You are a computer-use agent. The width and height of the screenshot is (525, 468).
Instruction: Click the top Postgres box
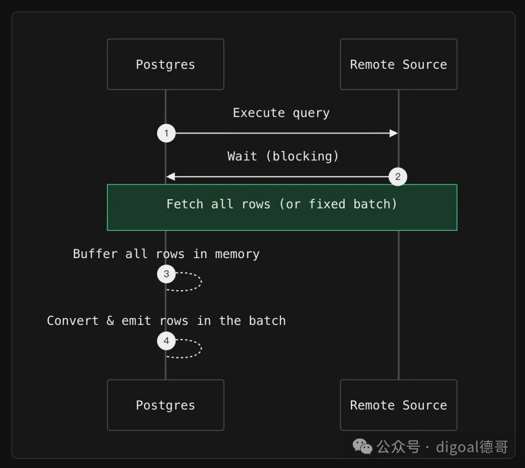pyautogui.click(x=165, y=64)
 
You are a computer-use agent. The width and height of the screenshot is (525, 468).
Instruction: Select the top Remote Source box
pyautogui.click(x=399, y=64)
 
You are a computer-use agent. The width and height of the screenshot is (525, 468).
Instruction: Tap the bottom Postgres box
pyautogui.click(x=165, y=405)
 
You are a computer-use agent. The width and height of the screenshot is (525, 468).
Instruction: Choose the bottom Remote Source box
pyautogui.click(x=399, y=405)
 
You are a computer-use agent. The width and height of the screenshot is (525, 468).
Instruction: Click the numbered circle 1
pyautogui.click(x=166, y=133)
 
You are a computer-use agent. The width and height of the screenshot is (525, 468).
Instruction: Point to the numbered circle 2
pyautogui.click(x=398, y=176)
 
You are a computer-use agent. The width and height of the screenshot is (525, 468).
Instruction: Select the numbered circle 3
pyautogui.click(x=166, y=274)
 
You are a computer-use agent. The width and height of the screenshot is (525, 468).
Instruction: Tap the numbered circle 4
pyautogui.click(x=166, y=341)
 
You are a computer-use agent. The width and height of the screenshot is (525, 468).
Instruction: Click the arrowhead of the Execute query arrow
pyautogui.click(x=394, y=133)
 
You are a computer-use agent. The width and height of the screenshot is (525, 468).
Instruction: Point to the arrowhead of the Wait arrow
pyautogui.click(x=171, y=176)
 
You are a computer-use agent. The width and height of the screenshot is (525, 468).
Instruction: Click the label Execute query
pyautogui.click(x=281, y=113)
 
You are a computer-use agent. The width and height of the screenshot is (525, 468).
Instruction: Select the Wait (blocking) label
pyautogui.click(x=283, y=156)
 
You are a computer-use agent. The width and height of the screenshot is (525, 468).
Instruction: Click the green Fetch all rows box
pyautogui.click(x=282, y=207)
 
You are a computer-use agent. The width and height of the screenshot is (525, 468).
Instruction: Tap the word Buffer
pyautogui.click(x=95, y=254)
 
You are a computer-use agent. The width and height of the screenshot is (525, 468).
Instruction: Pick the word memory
pyautogui.click(x=237, y=254)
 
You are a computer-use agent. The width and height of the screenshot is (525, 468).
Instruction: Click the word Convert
pyautogui.click(x=72, y=321)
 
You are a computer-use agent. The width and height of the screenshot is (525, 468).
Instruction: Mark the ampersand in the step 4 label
pyautogui.click(x=110, y=321)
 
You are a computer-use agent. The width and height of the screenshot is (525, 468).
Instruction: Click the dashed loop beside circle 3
pyautogui.click(x=201, y=281)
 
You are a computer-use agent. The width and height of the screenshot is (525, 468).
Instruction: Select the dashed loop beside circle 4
pyautogui.click(x=201, y=348)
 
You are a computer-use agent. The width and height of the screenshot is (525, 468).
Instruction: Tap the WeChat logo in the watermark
pyautogui.click(x=362, y=447)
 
